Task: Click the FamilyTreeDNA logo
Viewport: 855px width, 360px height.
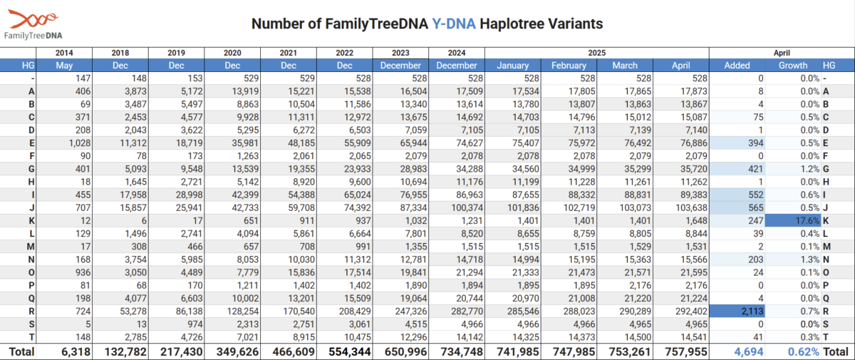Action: tap(33, 25)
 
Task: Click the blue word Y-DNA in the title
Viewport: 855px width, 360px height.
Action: tap(453, 24)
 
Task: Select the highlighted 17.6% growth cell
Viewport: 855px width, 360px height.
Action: tap(793, 221)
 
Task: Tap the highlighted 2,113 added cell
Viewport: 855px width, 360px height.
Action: tap(737, 311)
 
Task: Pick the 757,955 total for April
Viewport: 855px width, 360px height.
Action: tap(686, 351)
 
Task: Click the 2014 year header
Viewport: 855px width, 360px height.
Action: tap(64, 53)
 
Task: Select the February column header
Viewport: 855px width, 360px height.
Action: tap(569, 66)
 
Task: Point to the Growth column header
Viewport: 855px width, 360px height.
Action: tap(793, 66)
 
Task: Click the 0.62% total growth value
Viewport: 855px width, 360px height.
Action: tap(804, 351)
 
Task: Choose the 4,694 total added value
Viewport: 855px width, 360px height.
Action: tap(749, 351)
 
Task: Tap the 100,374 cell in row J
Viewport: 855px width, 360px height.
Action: tap(467, 207)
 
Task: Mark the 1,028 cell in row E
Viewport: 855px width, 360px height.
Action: tap(79, 143)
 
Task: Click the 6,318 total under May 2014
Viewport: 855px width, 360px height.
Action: tap(76, 351)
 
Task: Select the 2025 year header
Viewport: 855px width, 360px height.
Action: tap(596, 53)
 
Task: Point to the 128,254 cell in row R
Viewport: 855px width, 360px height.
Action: tap(243, 311)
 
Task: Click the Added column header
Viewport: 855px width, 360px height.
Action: tap(737, 66)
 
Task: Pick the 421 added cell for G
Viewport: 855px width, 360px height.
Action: tap(755, 169)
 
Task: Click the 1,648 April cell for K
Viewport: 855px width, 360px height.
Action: tap(696, 221)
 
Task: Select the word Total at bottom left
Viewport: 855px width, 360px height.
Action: tap(22, 351)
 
